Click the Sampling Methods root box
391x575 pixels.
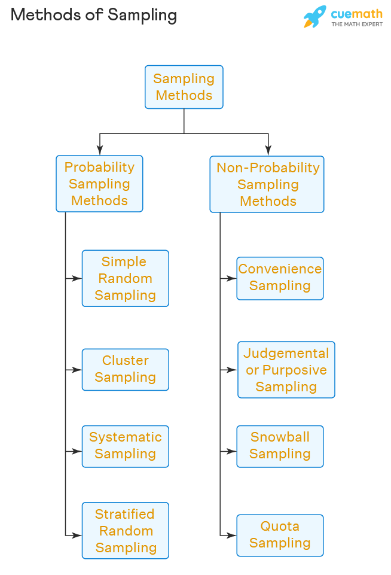click(184, 87)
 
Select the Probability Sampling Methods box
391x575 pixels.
click(99, 184)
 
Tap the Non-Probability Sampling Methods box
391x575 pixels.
click(267, 184)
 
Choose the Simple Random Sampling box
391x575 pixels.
click(125, 278)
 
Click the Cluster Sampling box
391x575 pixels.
click(125, 369)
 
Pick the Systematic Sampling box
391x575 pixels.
click(125, 446)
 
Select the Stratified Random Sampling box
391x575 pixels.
click(125, 531)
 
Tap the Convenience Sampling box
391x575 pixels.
click(280, 278)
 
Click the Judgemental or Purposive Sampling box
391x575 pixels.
click(286, 370)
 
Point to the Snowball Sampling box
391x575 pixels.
click(280, 446)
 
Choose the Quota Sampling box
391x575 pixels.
click(280, 535)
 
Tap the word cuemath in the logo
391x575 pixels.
click(356, 13)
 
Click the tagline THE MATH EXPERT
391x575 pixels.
click(357, 25)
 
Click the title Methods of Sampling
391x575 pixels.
click(94, 15)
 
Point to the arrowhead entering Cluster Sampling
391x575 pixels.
click(77, 370)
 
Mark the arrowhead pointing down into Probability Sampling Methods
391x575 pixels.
click(100, 151)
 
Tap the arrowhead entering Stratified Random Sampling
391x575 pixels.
click(77, 535)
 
